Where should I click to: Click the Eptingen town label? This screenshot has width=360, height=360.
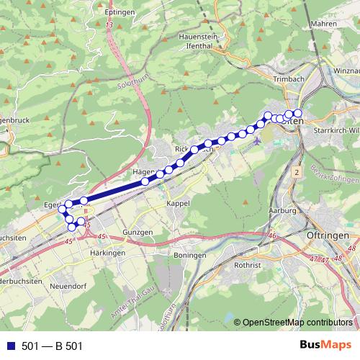[x=119, y=13]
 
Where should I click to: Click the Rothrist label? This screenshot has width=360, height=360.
[x=249, y=264]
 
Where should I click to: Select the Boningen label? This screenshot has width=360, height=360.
[x=190, y=255]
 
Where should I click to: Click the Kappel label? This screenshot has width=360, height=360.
[x=177, y=204]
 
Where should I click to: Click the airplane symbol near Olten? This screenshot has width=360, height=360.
[x=258, y=142]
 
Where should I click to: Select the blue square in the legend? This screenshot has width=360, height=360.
[x=9, y=346]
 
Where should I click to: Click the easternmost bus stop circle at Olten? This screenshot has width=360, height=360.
[x=297, y=113]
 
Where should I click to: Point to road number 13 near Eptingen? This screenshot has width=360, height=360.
[x=109, y=26]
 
